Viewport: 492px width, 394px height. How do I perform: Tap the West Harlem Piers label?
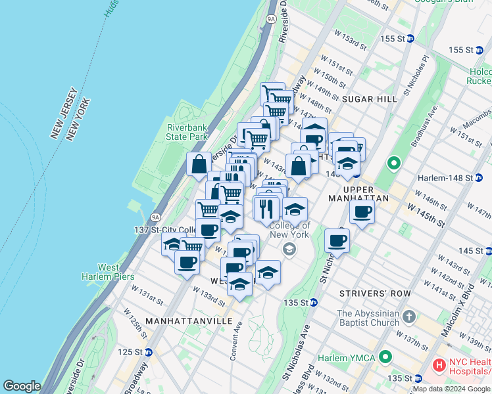tap(109, 272)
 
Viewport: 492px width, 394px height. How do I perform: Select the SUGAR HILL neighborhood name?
tap(370, 98)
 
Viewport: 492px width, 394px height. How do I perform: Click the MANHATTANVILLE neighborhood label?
tap(189, 320)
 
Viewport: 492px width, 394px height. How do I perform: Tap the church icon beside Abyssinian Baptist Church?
tap(409, 317)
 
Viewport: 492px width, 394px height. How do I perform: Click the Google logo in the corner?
tap(22, 386)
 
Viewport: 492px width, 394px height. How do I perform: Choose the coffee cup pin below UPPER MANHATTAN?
tap(361, 213)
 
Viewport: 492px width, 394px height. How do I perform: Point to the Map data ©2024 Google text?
tap(452, 389)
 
